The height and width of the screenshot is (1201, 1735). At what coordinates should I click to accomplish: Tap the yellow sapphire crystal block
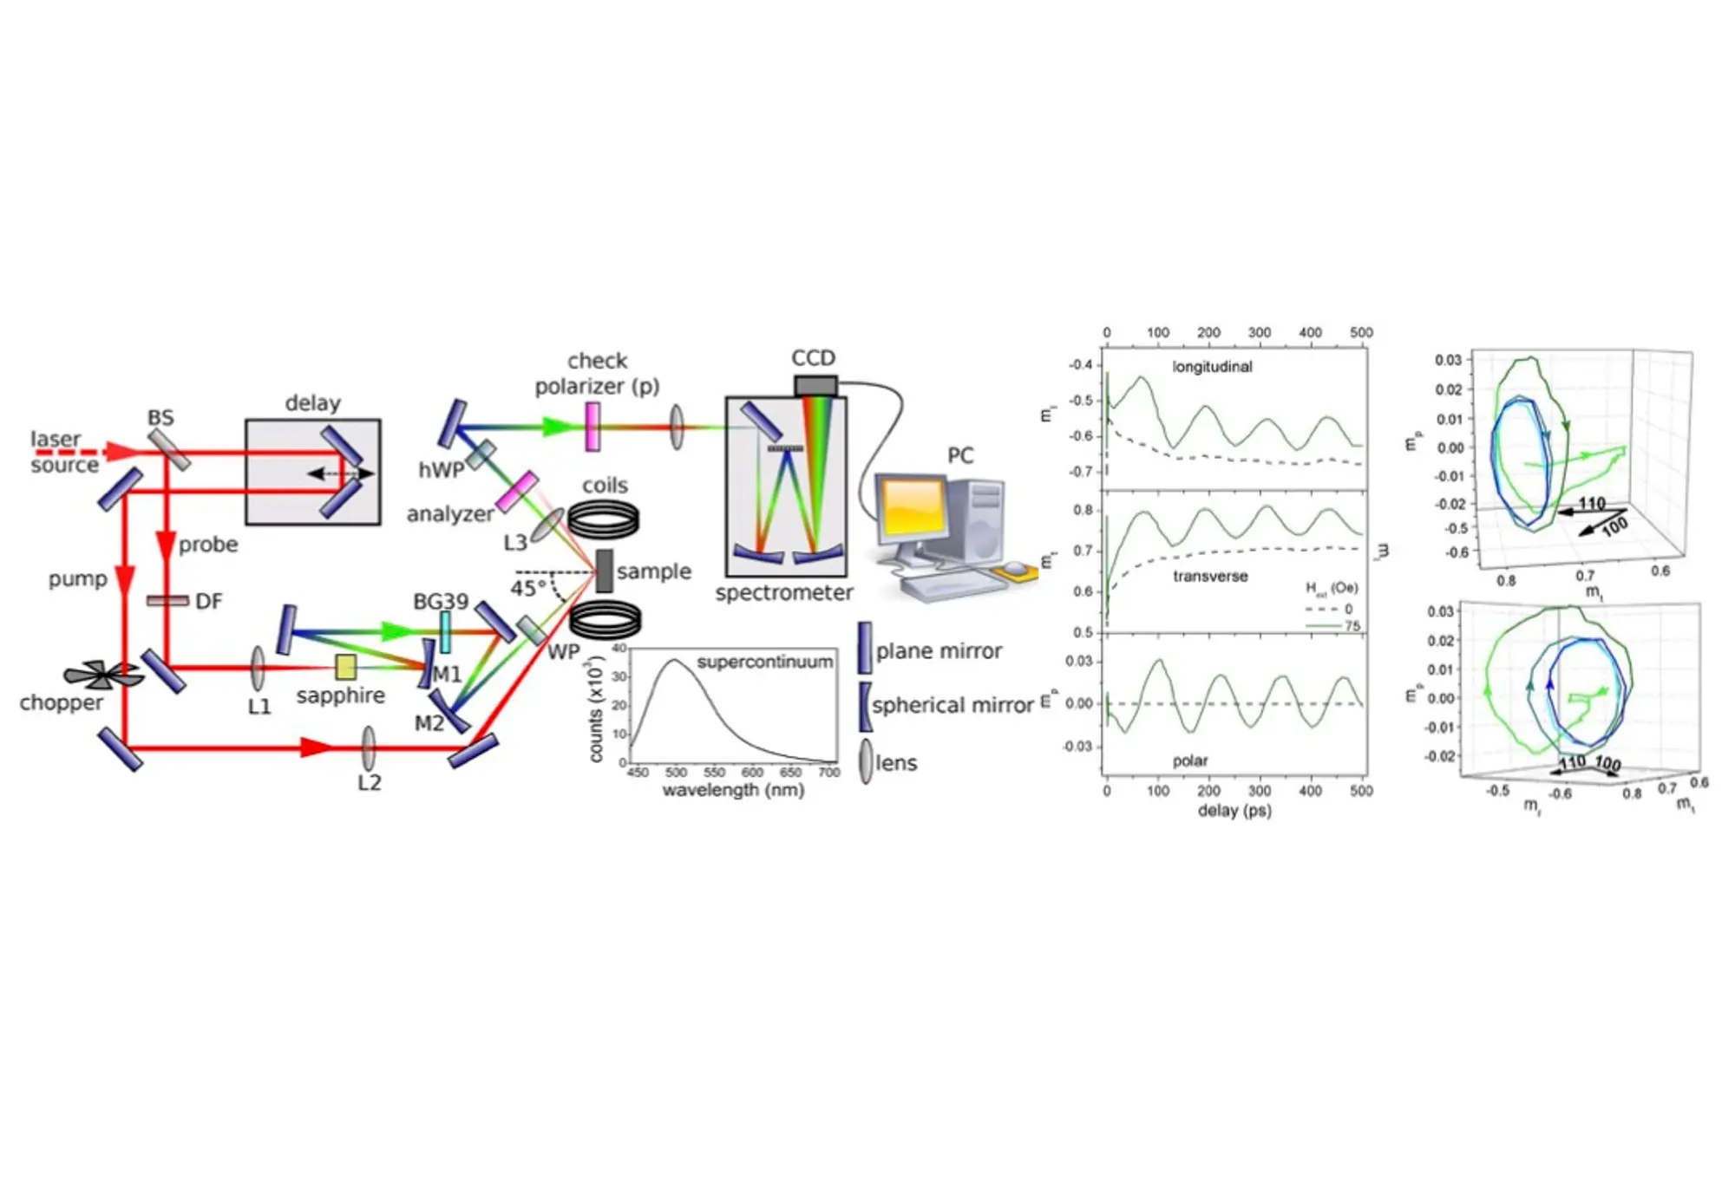346,667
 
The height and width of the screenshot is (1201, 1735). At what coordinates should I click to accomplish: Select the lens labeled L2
369,747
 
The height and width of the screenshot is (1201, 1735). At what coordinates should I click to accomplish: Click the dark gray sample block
605,571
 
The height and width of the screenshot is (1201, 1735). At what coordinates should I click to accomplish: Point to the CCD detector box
815,386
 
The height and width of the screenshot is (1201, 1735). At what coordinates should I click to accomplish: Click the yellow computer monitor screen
910,509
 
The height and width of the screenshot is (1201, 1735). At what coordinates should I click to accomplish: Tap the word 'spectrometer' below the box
784,593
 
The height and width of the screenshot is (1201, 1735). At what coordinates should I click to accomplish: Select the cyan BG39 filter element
445,632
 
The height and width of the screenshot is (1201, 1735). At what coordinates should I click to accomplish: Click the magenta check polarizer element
593,426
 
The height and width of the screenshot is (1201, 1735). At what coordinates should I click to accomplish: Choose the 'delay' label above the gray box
312,403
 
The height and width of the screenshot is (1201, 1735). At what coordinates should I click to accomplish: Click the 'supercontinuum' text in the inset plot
764,663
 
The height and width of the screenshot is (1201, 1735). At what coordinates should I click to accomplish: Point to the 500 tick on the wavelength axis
676,773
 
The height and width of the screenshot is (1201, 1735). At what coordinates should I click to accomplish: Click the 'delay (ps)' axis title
1234,811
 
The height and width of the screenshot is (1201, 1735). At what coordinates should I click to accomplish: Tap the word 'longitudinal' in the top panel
1212,367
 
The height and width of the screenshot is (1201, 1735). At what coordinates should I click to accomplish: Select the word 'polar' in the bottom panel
1189,760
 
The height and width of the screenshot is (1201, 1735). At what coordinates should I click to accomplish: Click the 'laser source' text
63,452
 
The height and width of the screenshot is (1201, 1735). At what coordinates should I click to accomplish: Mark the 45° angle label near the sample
528,589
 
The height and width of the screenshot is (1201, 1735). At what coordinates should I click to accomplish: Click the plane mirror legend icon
865,649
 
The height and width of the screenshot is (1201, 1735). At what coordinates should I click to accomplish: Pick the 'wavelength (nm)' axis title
733,791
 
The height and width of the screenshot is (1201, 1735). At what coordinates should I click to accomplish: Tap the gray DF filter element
167,601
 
